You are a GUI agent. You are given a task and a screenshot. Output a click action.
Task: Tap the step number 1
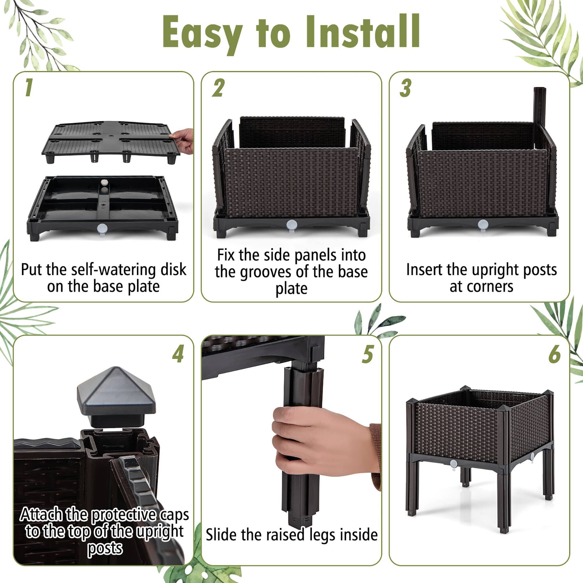coord(29,88)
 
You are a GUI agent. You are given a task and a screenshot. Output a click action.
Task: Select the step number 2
coord(218,88)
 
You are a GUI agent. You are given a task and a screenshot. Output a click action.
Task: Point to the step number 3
coord(405,88)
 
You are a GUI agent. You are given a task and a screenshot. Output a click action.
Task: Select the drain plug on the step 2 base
coord(291,224)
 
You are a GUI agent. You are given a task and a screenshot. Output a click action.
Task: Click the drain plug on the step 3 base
coord(482,224)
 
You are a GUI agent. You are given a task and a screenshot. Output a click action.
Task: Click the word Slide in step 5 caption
coord(222,535)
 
